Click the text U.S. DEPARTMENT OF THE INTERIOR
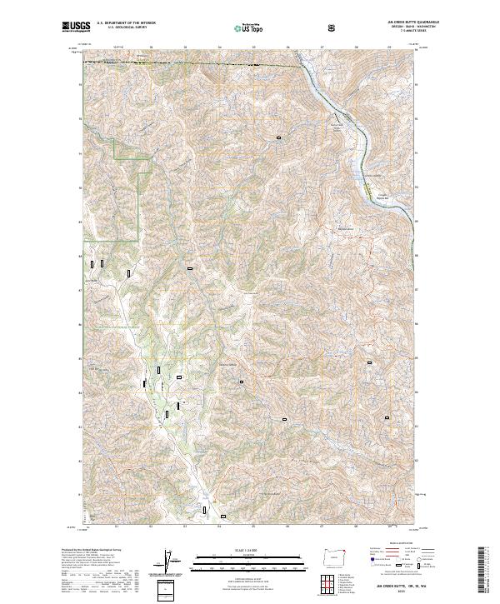(127, 24)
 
